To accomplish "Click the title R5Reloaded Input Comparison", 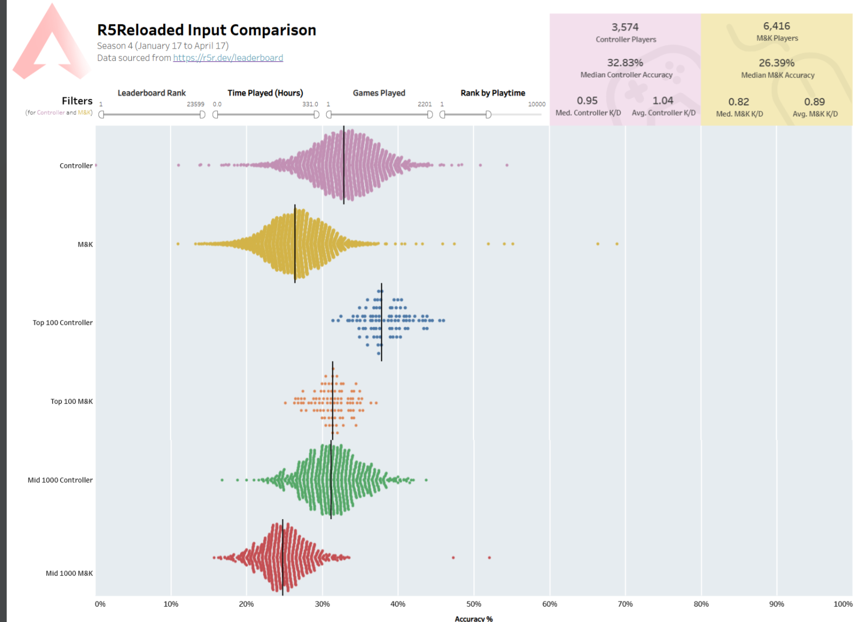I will [207, 30].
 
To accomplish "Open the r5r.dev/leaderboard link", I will [228, 58].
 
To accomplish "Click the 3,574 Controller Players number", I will [625, 27].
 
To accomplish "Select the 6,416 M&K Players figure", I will [776, 26].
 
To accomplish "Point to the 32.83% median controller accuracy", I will [625, 63].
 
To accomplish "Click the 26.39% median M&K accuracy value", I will [776, 63].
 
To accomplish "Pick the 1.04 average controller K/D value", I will [662, 100].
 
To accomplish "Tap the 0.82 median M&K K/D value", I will [738, 102].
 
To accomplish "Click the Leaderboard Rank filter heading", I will [151, 93].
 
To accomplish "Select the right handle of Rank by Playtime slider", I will [488, 114].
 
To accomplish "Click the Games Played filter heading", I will [379, 93].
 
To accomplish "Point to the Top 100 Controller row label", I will [62, 322].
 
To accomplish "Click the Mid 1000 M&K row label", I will [69, 573].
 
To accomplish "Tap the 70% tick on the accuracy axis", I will [625, 604].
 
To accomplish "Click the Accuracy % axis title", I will [473, 618].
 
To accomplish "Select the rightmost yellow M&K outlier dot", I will [617, 244].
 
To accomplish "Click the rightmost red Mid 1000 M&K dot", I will [489, 558].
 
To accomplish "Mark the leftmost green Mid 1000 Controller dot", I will [222, 480].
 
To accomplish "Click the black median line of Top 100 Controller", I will [382, 322].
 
